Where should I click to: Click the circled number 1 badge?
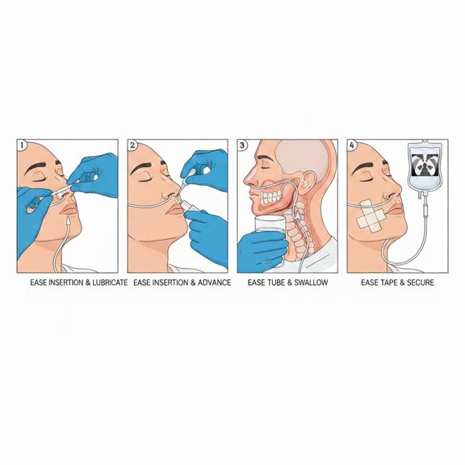[x=21, y=145]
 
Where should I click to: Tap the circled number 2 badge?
[x=132, y=145]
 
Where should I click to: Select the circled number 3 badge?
[x=242, y=145]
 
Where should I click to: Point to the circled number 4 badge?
[x=352, y=145]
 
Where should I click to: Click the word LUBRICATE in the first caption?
[x=110, y=283]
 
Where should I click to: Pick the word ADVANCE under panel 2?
[x=214, y=283]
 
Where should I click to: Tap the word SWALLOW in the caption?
[x=311, y=283]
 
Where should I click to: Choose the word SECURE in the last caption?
[x=421, y=283]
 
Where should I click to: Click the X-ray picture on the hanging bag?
[x=425, y=165]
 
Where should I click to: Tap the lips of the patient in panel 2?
[x=174, y=209]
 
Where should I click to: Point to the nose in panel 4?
[x=392, y=186]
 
